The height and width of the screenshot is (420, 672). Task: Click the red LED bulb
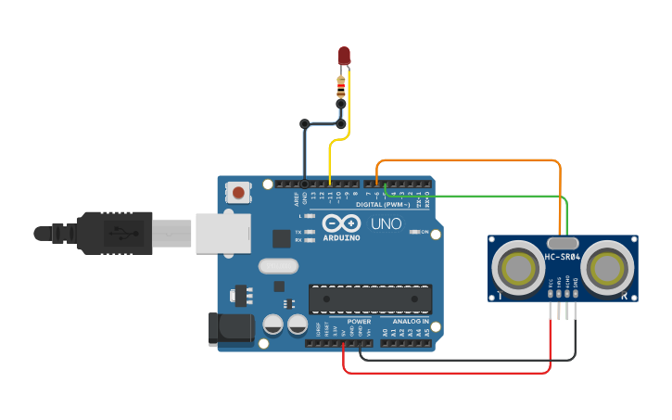pyautogui.click(x=344, y=56)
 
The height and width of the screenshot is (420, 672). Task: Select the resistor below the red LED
pyautogui.click(x=341, y=88)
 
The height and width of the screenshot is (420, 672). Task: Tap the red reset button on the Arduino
pyautogui.click(x=239, y=193)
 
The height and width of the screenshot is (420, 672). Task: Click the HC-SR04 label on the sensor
pyautogui.click(x=563, y=257)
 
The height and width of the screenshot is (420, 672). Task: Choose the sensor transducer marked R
pyautogui.click(x=609, y=268)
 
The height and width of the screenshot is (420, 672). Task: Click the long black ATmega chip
pyautogui.click(x=370, y=299)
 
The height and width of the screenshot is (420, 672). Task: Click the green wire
pyautogui.click(x=482, y=196)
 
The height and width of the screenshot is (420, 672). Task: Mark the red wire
pyautogui.click(x=445, y=373)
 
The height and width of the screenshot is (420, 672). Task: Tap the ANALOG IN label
pyautogui.click(x=410, y=321)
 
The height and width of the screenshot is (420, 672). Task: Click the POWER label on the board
pyautogui.click(x=359, y=321)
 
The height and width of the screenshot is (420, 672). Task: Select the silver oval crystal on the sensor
pyautogui.click(x=563, y=243)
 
